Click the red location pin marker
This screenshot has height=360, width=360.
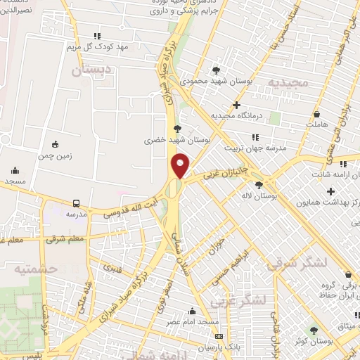(x=181, y=165)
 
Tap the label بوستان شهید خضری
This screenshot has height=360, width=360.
(x=169, y=141)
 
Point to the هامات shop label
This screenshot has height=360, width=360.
(x=317, y=124)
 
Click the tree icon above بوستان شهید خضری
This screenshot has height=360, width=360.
(x=176, y=129)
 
